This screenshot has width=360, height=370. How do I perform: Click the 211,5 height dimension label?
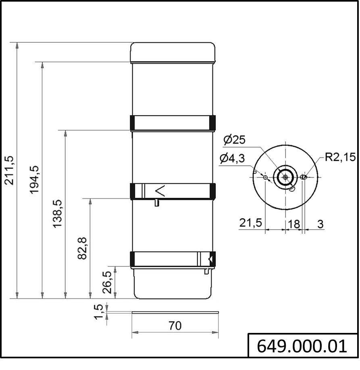[x=10, y=170]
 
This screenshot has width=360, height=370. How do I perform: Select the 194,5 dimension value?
[x=34, y=180]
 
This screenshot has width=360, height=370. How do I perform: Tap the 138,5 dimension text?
[x=57, y=214]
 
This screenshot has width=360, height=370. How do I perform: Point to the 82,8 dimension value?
[x=82, y=248]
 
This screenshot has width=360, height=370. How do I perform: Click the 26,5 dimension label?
[x=107, y=282]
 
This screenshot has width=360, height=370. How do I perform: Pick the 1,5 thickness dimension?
[x=98, y=312]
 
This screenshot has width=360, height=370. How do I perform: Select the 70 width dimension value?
[x=175, y=326]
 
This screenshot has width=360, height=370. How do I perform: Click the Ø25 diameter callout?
[x=234, y=140]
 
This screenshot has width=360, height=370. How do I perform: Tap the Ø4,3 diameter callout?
[x=232, y=158]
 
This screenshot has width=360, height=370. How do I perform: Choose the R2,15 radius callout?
[x=340, y=157]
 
